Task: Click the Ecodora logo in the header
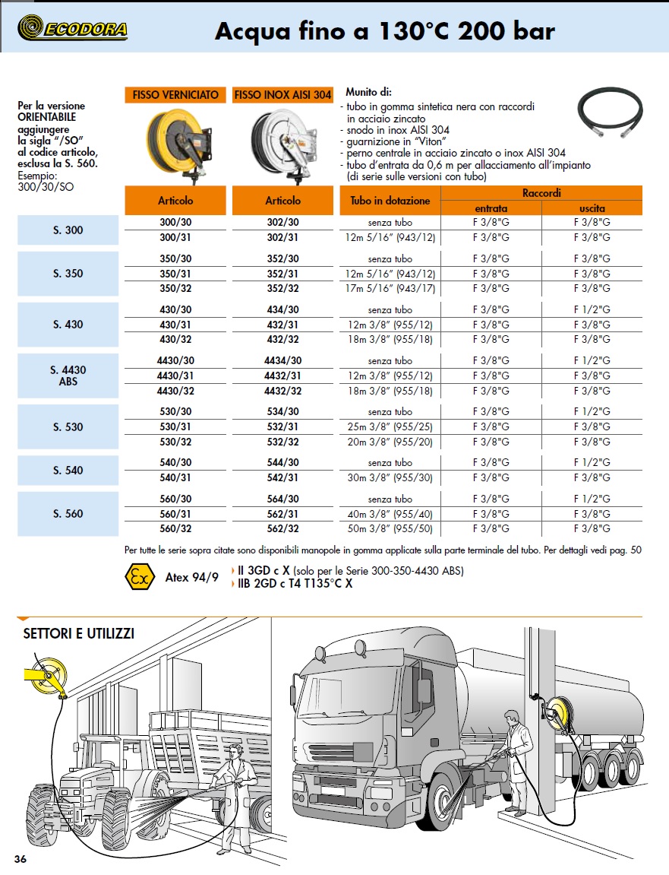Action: pyautogui.click(x=73, y=29)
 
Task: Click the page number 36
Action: pyautogui.click(x=21, y=859)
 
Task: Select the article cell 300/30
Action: pyautogui.click(x=175, y=222)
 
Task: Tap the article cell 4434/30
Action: pyautogui.click(x=282, y=360)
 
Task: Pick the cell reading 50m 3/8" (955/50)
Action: pyautogui.click(x=389, y=528)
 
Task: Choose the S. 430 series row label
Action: pyautogui.click(x=68, y=325)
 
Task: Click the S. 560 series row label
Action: pyautogui.click(x=68, y=514)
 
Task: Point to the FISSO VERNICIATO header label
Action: pyautogui.click(x=175, y=95)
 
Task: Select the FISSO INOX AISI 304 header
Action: pyautogui.click(x=282, y=95)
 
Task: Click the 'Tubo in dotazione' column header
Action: pyautogui.click(x=390, y=201)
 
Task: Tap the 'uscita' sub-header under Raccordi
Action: pyautogui.click(x=592, y=208)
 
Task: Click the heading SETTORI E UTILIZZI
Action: pyautogui.click(x=78, y=633)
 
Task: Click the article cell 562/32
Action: pyautogui.click(x=282, y=528)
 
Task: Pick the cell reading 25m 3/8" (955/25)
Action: pyautogui.click(x=389, y=426)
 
